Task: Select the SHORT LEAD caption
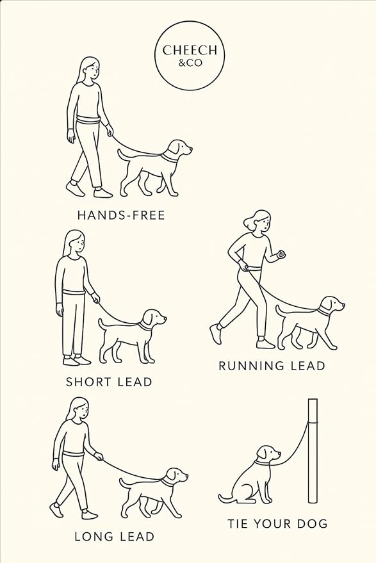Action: (x=109, y=382)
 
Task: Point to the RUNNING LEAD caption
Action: (x=272, y=366)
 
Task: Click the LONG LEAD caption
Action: (x=114, y=536)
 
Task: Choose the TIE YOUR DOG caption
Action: (x=277, y=524)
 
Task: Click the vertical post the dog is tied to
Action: (x=313, y=451)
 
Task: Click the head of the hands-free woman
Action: (x=90, y=69)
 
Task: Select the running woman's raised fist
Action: (x=279, y=255)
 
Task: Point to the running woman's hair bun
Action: (x=247, y=222)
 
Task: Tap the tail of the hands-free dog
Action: (x=124, y=153)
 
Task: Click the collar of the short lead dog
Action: (x=146, y=325)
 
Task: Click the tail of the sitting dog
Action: (x=225, y=497)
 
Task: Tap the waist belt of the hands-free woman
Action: (x=88, y=120)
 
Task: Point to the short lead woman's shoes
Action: (x=76, y=361)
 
